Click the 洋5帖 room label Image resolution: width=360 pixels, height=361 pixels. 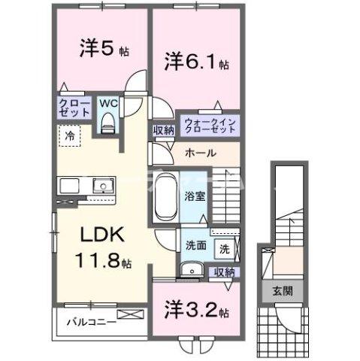(104, 50)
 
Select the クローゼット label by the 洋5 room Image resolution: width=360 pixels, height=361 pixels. (72, 108)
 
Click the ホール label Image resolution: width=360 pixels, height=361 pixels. (201, 153)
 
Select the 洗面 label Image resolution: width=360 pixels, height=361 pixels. (196, 245)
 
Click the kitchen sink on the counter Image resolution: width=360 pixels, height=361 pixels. (100, 186)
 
